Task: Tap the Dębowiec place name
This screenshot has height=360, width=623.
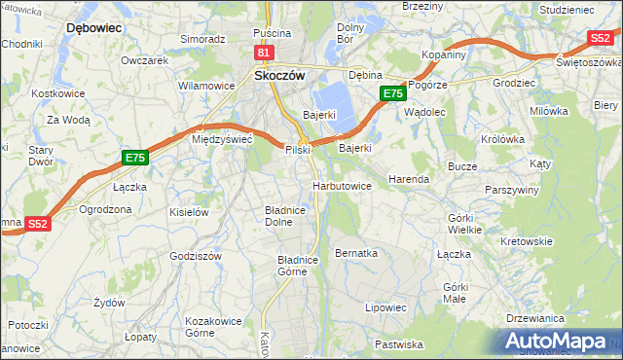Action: tap(92, 28)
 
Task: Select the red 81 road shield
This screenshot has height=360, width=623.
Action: tap(264, 52)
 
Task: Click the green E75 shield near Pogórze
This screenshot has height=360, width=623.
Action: tap(391, 93)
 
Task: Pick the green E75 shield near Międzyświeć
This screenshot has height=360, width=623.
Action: tap(135, 158)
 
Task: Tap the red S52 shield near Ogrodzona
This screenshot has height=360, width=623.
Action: tap(37, 224)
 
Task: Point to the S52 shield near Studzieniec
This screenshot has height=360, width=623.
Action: tap(600, 39)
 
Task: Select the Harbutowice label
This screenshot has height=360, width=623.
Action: tap(342, 185)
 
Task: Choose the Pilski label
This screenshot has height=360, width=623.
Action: tap(297, 150)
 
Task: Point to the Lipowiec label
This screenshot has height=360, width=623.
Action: tap(385, 307)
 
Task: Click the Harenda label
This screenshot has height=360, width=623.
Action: tap(409, 180)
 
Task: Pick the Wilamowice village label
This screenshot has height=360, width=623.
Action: tap(206, 86)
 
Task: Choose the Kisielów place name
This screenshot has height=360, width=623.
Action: tap(189, 211)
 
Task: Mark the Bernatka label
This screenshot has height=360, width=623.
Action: tap(355, 253)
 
